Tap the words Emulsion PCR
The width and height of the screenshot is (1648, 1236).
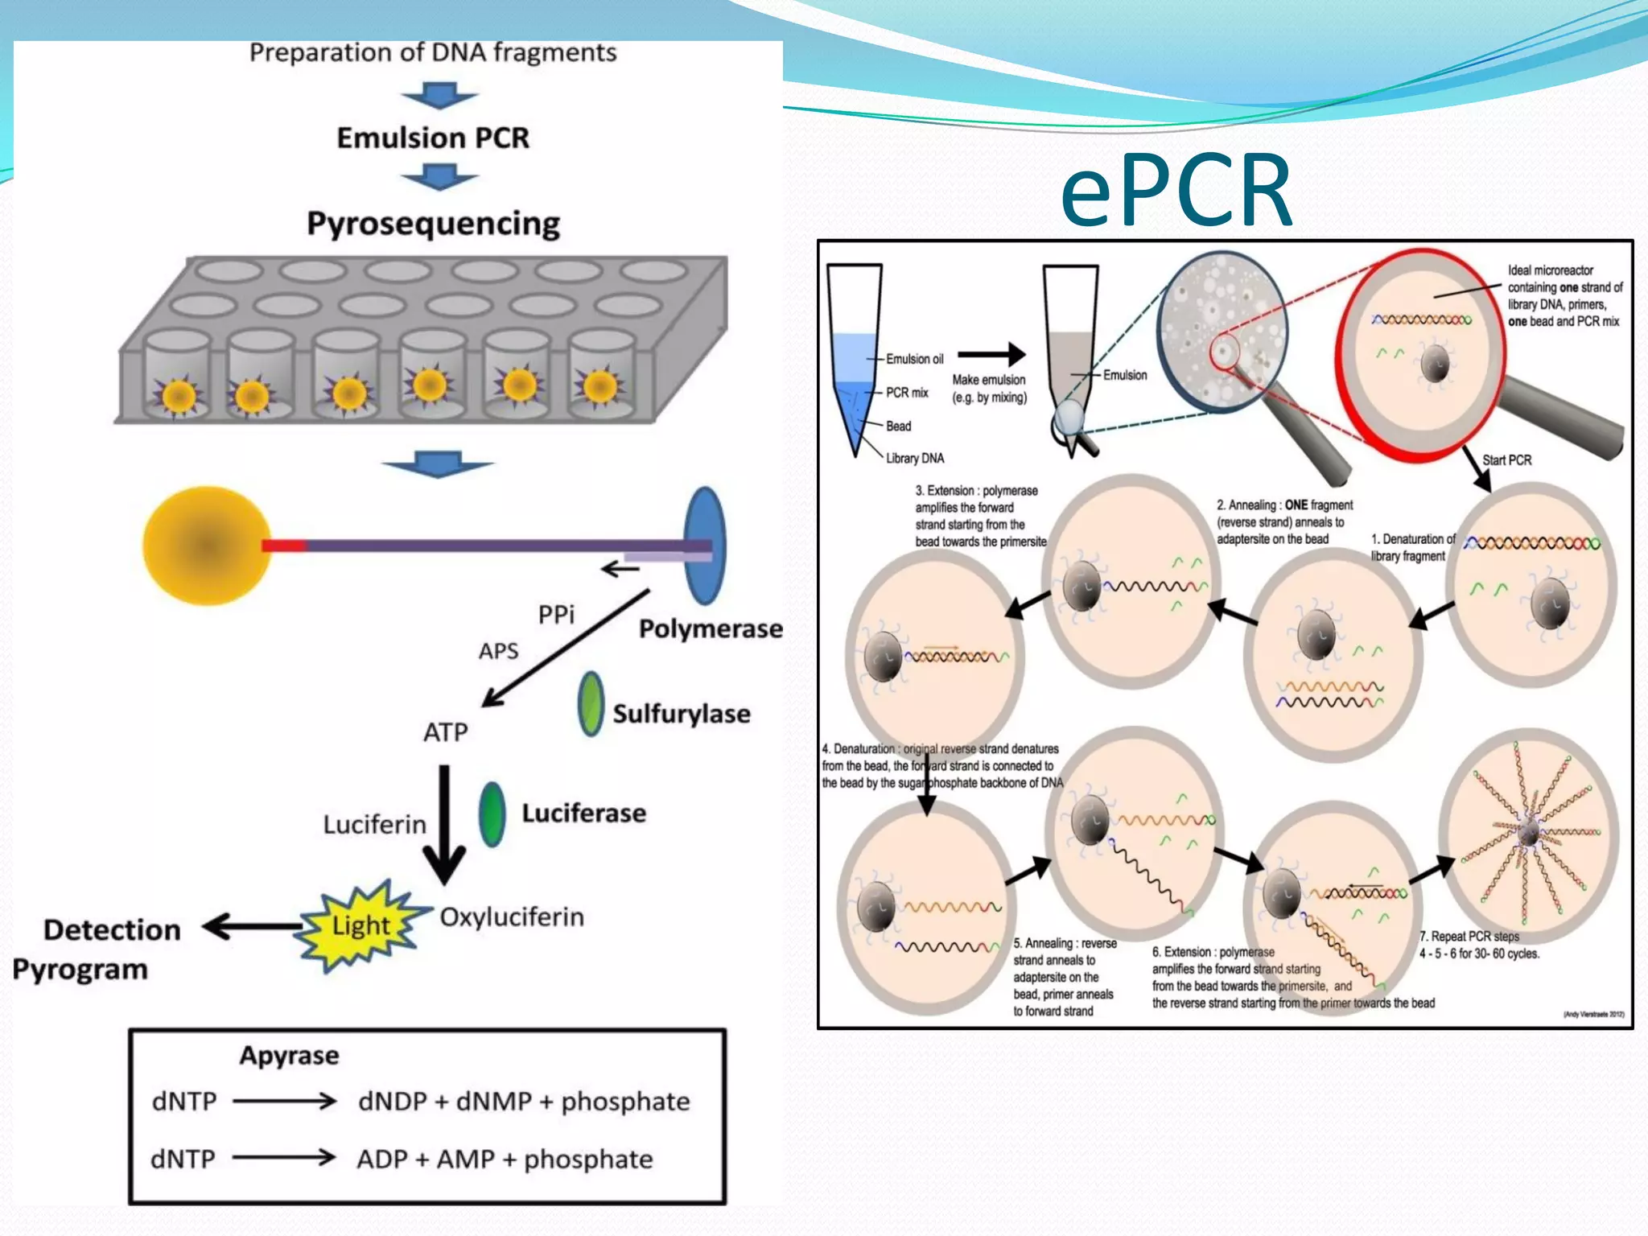(433, 138)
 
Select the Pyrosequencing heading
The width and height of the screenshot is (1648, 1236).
(433, 224)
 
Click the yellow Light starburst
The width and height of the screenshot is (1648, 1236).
(361, 925)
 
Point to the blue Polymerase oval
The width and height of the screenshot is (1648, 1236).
(705, 545)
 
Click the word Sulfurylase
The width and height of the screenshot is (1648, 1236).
(681, 714)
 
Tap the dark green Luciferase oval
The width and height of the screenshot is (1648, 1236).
(492, 814)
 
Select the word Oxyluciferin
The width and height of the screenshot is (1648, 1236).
(512, 917)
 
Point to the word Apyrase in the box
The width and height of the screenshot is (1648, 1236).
(289, 1055)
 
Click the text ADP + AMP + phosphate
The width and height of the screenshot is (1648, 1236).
(505, 1159)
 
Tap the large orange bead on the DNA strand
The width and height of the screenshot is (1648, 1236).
(207, 546)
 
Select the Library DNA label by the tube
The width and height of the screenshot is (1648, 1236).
(915, 458)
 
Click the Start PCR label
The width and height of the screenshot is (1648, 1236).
(1506, 460)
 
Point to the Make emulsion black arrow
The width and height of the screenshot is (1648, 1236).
(991, 353)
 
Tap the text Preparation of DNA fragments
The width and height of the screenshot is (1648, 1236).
(433, 53)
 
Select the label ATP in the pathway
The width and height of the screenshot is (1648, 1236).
(445, 732)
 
